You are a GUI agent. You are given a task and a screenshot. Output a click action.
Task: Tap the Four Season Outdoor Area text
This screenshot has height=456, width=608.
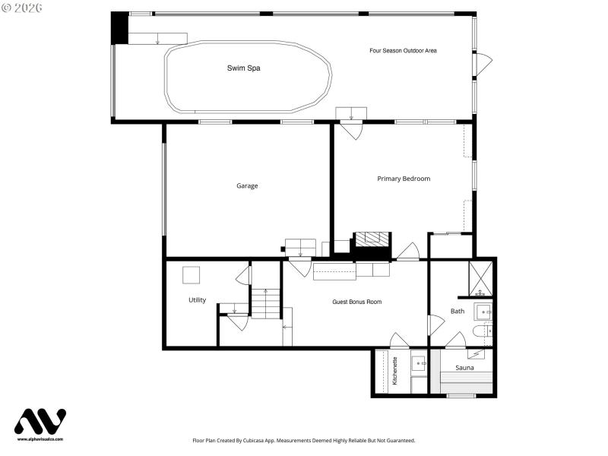(x=403, y=51)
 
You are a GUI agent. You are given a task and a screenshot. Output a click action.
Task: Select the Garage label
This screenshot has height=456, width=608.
(x=247, y=185)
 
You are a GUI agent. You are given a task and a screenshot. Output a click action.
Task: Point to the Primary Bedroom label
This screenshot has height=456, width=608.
(x=404, y=179)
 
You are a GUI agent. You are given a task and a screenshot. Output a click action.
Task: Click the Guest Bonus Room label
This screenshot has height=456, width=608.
(x=356, y=302)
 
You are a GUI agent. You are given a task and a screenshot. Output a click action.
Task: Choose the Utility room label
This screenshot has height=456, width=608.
(x=197, y=300)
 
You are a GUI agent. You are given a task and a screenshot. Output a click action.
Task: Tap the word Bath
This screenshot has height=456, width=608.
(x=457, y=311)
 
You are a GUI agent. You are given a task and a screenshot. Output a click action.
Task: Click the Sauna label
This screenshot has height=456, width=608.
(x=464, y=368)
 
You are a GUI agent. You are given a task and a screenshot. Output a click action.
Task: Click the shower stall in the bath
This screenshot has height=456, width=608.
(x=480, y=278)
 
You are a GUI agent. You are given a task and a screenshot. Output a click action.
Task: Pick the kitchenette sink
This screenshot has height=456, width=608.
(x=419, y=364)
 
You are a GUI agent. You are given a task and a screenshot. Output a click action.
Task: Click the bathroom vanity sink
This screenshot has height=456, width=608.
(x=483, y=312)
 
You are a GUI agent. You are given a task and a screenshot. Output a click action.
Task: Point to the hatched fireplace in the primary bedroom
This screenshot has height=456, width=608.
(x=372, y=239)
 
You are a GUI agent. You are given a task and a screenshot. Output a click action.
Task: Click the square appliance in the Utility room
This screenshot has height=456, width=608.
(x=191, y=275)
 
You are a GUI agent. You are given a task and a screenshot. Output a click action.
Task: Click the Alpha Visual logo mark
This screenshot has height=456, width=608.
(x=40, y=422)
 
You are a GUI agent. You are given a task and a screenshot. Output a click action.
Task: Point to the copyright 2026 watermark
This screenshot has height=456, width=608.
(x=22, y=8)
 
